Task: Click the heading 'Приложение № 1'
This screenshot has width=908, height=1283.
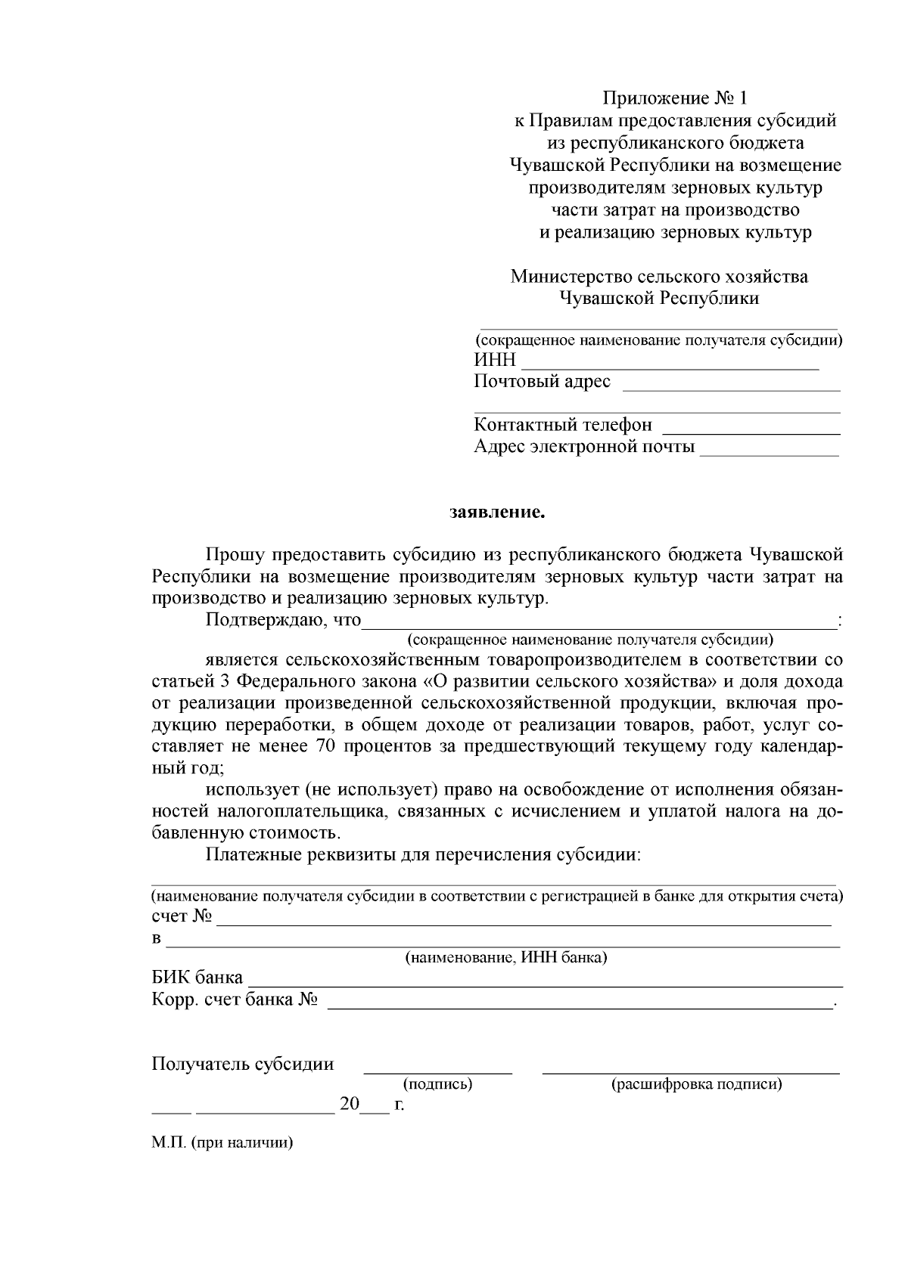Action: (674, 98)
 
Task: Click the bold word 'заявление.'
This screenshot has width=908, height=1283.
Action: (497, 513)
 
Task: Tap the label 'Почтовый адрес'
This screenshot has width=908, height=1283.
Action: (542, 382)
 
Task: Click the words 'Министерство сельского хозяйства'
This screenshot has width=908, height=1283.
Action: (659, 277)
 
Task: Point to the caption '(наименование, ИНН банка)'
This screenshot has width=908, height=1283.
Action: (506, 958)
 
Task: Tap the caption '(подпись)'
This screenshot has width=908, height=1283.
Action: (438, 1085)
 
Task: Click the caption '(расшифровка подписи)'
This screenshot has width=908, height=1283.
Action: (696, 1085)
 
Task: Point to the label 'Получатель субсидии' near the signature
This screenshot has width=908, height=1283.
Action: (243, 1065)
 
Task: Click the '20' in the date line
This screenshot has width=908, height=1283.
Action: (350, 1105)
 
